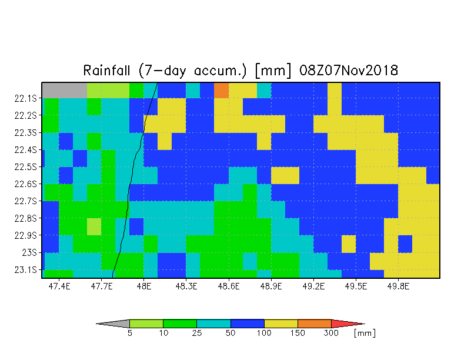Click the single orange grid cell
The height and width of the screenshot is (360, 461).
[x=221, y=91]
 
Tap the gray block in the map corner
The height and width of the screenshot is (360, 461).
[x=65, y=91]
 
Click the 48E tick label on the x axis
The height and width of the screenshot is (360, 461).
[x=144, y=286]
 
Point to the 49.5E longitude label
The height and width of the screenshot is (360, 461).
[x=356, y=286]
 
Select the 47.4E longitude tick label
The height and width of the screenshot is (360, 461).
[x=59, y=286]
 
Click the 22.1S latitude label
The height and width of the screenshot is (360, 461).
[x=26, y=98]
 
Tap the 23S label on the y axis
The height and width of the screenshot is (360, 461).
[x=29, y=253]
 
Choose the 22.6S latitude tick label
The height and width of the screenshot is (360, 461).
[x=26, y=184]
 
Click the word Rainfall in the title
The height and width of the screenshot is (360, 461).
[x=106, y=71]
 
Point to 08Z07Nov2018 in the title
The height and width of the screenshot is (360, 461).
[x=349, y=71]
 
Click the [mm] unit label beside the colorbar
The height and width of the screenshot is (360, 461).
[x=365, y=333]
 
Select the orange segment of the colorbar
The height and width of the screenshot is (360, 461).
[x=315, y=324]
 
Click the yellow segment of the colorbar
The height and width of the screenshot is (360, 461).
[x=281, y=324]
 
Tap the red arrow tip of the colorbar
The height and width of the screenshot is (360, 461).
[x=347, y=324]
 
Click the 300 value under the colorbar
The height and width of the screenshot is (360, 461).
[x=331, y=333]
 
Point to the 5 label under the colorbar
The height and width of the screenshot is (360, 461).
[x=129, y=333]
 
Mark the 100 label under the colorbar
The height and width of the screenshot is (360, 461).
[x=264, y=333]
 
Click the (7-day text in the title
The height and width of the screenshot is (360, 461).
[x=162, y=71]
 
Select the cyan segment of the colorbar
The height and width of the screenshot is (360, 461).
[x=214, y=324]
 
